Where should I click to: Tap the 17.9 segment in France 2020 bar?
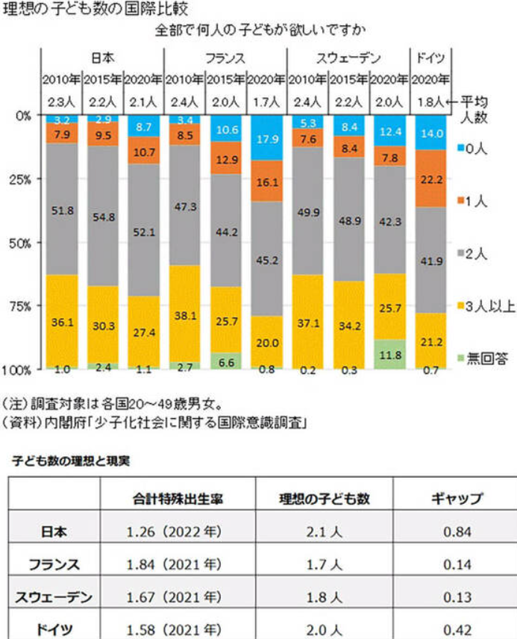(266, 139)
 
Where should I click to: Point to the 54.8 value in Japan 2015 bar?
(103, 217)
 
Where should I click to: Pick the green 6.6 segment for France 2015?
(226, 361)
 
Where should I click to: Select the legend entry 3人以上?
(489, 307)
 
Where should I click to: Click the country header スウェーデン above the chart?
(348, 57)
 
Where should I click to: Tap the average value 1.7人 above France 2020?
(266, 99)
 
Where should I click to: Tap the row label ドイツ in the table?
(54, 629)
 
